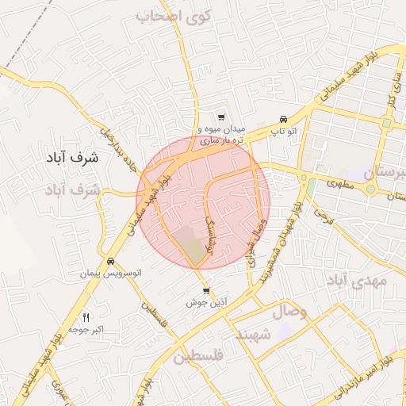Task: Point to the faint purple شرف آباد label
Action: tap(75, 190)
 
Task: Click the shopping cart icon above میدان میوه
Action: tap(220, 116)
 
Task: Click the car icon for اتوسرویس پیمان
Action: tap(109, 261)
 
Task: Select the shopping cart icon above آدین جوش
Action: tap(205, 291)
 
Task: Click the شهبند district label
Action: tap(253, 336)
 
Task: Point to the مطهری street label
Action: tap(331, 182)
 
